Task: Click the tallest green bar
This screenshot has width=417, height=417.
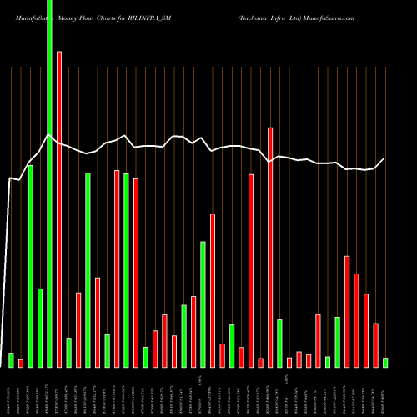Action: [x=49, y=183]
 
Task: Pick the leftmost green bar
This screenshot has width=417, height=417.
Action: [x=11, y=359]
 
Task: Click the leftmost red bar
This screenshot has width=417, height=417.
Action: [x=21, y=363]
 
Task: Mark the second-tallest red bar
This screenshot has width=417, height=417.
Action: [x=270, y=247]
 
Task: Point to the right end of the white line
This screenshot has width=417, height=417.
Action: [x=384, y=159]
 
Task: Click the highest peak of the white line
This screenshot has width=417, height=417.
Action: [x=49, y=135]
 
